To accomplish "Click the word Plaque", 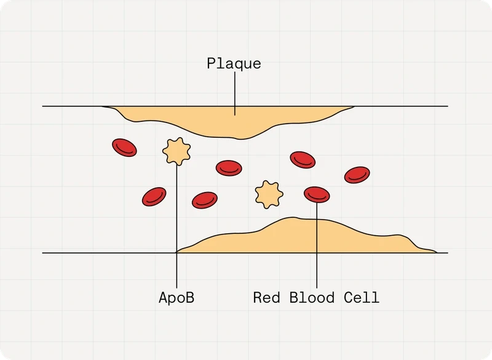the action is tap(234, 63).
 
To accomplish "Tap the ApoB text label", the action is tap(177, 298).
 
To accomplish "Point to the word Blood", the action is tap(312, 298).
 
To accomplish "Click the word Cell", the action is tap(362, 298).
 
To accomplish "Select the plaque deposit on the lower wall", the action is tap(306, 236).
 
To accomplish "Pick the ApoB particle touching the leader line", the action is tap(177, 151).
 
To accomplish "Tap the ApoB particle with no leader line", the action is tap(269, 194).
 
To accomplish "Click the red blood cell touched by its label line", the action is tap(317, 194).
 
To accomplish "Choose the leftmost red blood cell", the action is tap(124, 148).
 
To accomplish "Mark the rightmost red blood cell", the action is tap(357, 175).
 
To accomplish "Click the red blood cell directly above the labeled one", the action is tap(303, 160).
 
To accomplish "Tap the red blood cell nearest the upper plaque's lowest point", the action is tap(229, 168).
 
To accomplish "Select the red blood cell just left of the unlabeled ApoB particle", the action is tap(205, 200).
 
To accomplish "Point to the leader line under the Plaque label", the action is tap(235, 94).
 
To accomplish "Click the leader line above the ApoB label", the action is tap(177, 226).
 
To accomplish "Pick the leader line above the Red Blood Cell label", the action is tap(317, 246).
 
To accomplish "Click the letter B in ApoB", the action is tap(190, 297).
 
